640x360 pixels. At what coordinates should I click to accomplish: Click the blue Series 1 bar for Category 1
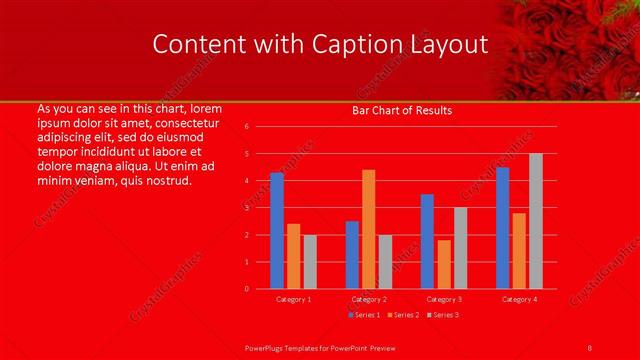[277, 231]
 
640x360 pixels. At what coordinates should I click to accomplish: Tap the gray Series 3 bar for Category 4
[536, 221]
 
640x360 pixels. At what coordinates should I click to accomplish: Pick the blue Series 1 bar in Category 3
[427, 241]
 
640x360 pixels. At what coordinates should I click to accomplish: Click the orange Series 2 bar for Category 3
[444, 264]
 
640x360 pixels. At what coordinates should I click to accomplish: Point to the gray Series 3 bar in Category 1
[310, 262]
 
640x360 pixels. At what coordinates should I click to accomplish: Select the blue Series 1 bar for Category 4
[502, 228]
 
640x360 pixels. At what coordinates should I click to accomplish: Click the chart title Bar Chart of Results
[402, 110]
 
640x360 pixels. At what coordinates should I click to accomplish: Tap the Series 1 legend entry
[363, 315]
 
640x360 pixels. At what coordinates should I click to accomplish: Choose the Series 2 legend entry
[404, 315]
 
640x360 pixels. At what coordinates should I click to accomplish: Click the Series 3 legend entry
[444, 315]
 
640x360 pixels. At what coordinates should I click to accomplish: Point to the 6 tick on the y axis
[246, 127]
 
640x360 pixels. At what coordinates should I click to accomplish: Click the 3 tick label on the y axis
[246, 208]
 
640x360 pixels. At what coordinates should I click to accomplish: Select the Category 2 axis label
[369, 299]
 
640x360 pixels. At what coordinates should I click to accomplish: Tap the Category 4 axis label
[519, 299]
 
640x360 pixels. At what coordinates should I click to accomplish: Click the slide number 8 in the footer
[590, 347]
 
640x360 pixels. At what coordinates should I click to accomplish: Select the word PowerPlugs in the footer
[265, 347]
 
